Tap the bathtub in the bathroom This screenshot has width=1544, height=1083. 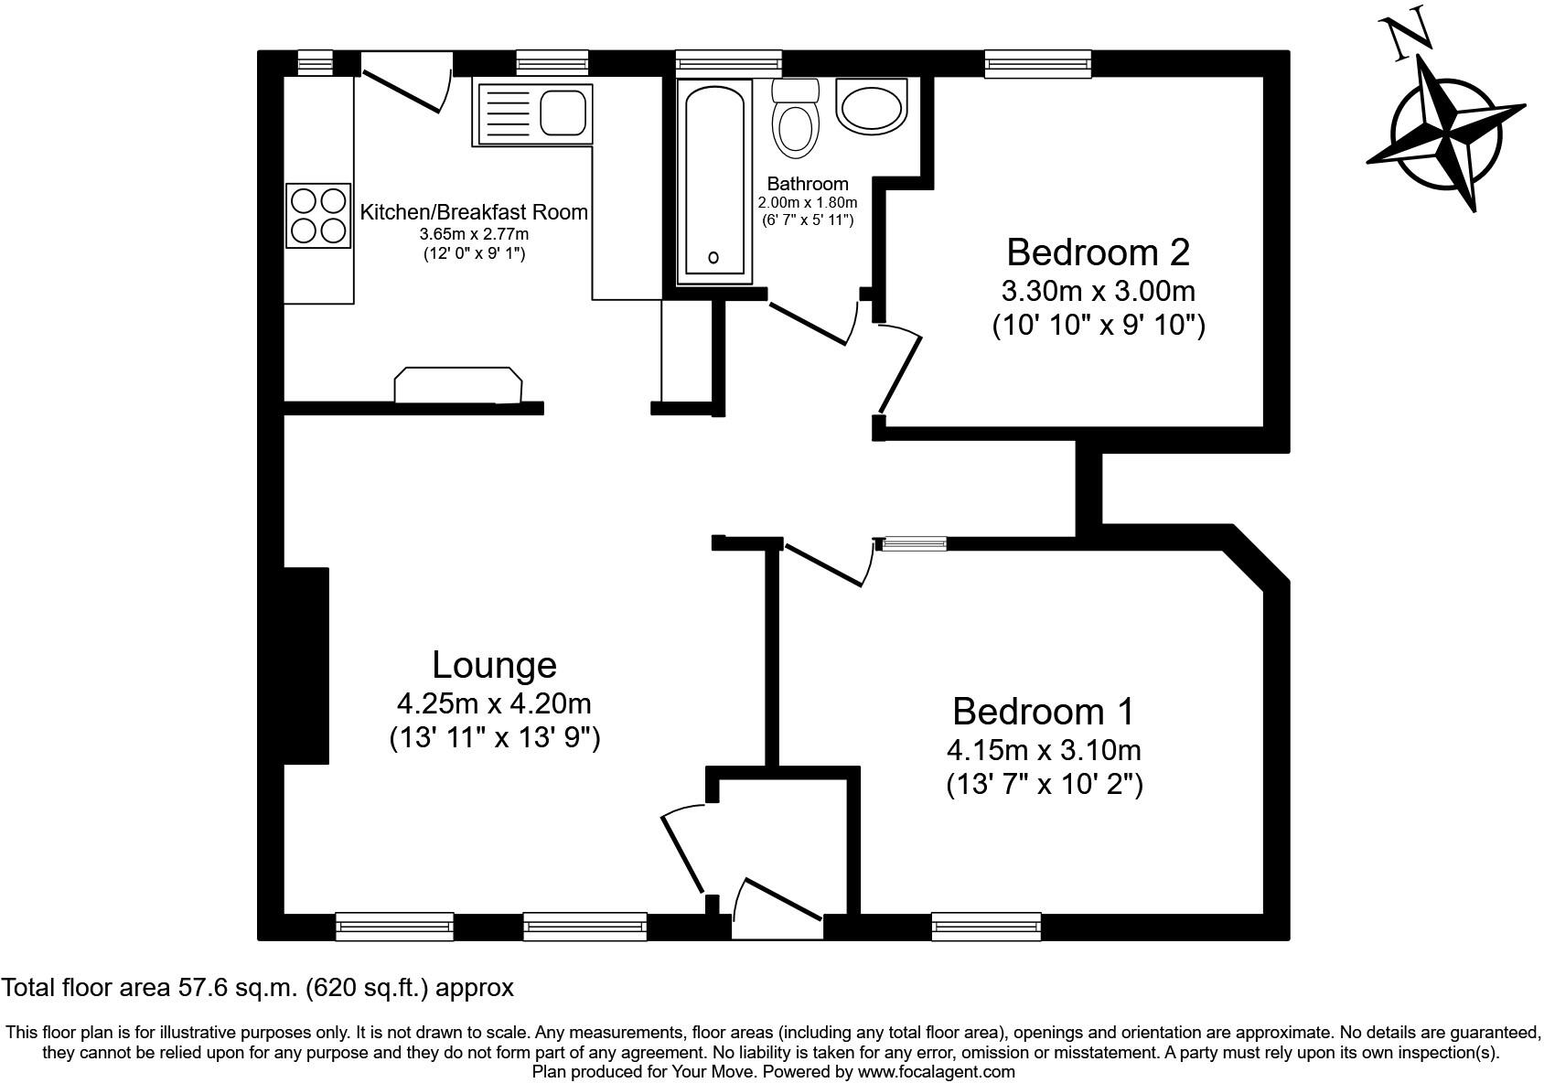click(x=713, y=180)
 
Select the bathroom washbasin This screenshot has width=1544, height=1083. click(x=871, y=107)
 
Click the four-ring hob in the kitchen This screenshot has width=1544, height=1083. click(x=318, y=215)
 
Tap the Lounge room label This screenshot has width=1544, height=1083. click(x=494, y=665)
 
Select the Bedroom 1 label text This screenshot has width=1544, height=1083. click(x=1043, y=711)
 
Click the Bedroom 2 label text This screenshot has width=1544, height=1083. click(x=1098, y=252)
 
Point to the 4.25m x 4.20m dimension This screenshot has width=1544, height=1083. click(x=494, y=704)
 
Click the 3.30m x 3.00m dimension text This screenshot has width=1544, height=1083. click(x=1098, y=292)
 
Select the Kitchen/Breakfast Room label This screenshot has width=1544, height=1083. click(x=474, y=212)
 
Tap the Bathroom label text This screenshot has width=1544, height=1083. click(x=807, y=184)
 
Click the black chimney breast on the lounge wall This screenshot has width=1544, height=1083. click(x=306, y=665)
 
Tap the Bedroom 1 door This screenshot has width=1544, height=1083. click(x=825, y=564)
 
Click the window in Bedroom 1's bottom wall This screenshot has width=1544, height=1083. click(x=986, y=927)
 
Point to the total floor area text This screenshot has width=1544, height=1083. click(x=257, y=988)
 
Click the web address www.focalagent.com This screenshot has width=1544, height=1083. click(x=936, y=1071)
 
